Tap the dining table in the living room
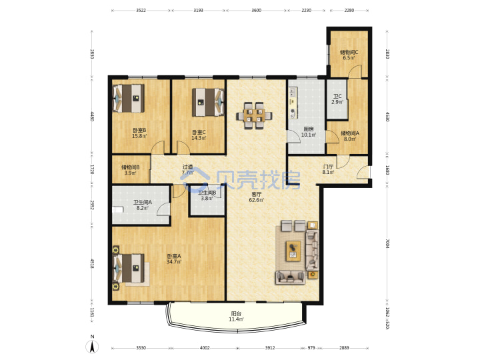tap(254, 116)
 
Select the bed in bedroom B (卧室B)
tap(129, 98)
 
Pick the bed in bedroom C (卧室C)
tap(208, 102)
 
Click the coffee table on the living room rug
tap(293, 251)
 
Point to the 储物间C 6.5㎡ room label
tap(349, 55)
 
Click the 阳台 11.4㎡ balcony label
tap(236, 317)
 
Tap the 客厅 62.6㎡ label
tap(257, 197)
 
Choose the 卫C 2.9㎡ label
tap(337, 99)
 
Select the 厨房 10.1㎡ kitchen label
tap(309, 132)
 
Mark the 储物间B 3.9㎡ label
tap(131, 170)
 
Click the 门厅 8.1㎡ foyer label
tap(328, 169)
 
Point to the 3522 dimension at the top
tap(141, 11)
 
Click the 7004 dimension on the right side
tap(387, 243)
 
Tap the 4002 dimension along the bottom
tap(205, 348)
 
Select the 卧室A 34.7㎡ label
tap(174, 259)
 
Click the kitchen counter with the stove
tap(293, 103)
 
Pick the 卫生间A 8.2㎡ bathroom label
tap(143, 205)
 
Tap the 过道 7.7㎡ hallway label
tap(187, 169)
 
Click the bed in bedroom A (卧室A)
tap(129, 268)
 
